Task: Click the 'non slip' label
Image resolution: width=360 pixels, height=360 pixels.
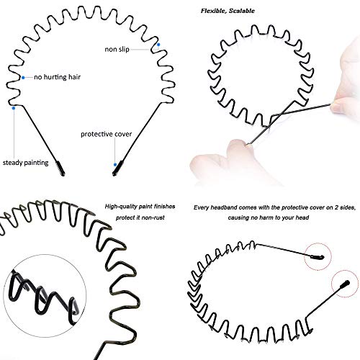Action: (117, 49)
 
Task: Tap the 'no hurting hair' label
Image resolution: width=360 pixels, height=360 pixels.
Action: (57, 77)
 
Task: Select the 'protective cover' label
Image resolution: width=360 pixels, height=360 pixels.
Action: (106, 134)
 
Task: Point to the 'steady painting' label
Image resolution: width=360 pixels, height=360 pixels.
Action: (25, 163)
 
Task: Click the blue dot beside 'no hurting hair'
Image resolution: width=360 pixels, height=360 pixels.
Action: (23, 78)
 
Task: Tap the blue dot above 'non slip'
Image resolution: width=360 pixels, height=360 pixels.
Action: (158, 45)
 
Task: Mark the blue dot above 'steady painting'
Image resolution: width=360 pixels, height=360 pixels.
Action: (14, 108)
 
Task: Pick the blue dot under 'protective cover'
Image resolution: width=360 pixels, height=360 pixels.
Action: (115, 165)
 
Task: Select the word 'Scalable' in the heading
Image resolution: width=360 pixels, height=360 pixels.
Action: (241, 11)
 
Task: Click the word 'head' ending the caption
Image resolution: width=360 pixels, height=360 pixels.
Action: (302, 217)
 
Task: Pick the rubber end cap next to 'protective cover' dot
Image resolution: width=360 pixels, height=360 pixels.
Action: (118, 168)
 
